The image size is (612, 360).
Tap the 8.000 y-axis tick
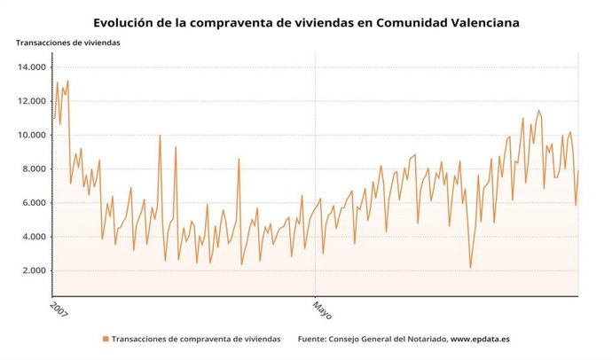tap(31, 169)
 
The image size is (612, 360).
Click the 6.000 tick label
tap(31, 203)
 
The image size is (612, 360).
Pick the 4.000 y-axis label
tap(31, 237)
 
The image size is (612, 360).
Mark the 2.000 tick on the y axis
tap(31, 270)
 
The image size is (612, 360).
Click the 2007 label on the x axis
tap(58, 309)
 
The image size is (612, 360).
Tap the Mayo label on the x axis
tap(321, 310)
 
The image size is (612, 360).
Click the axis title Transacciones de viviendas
tap(67, 43)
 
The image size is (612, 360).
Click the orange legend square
tap(106, 339)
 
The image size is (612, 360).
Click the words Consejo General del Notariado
tap(386, 339)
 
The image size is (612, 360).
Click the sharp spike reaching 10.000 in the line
tap(160, 136)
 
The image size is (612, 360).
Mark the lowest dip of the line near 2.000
tap(470, 267)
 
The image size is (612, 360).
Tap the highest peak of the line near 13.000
tap(67, 82)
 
